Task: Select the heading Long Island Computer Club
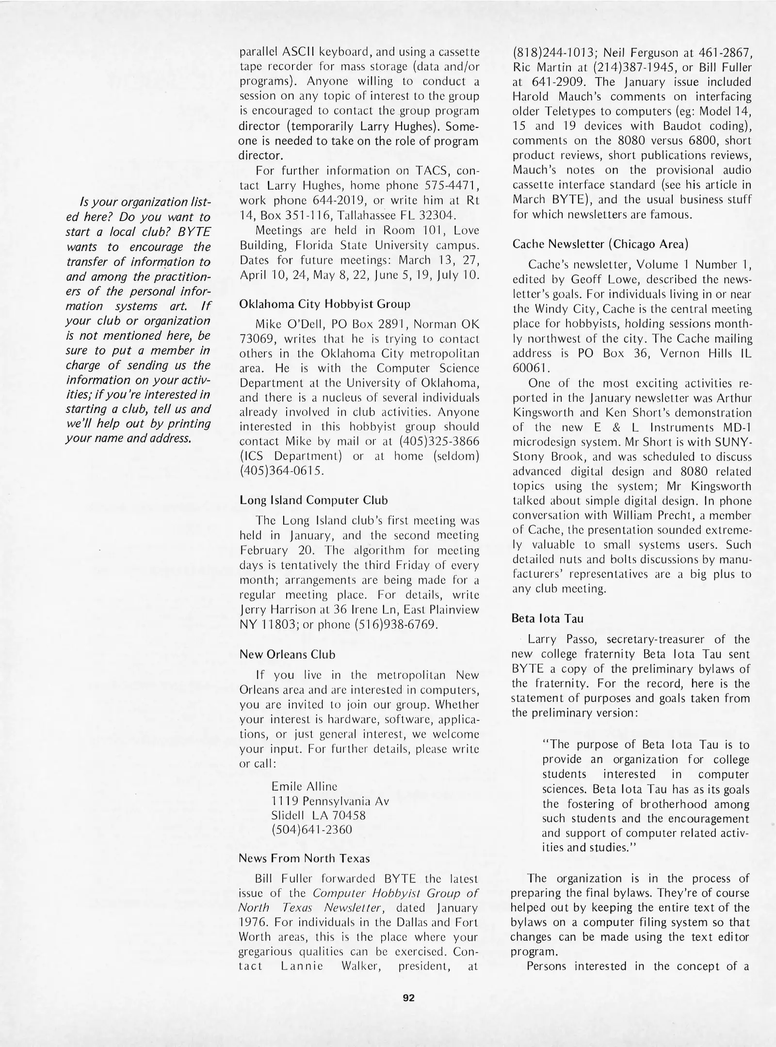314,500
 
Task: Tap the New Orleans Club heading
287,654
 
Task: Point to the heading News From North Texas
304,858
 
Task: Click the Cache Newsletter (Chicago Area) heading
600,244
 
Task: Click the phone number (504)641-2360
311,829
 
